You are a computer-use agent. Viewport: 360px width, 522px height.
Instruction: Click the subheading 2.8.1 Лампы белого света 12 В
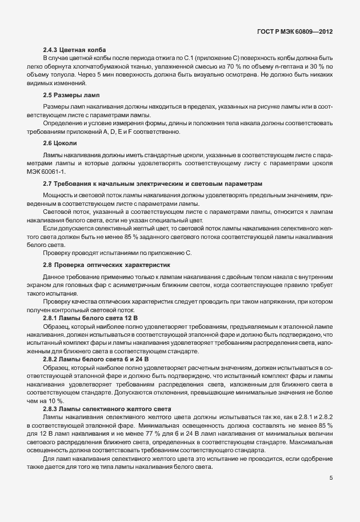point(90,317)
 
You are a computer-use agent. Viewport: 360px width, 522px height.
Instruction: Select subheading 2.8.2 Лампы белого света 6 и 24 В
point(95,358)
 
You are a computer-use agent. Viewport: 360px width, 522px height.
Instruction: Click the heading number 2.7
point(48,184)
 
